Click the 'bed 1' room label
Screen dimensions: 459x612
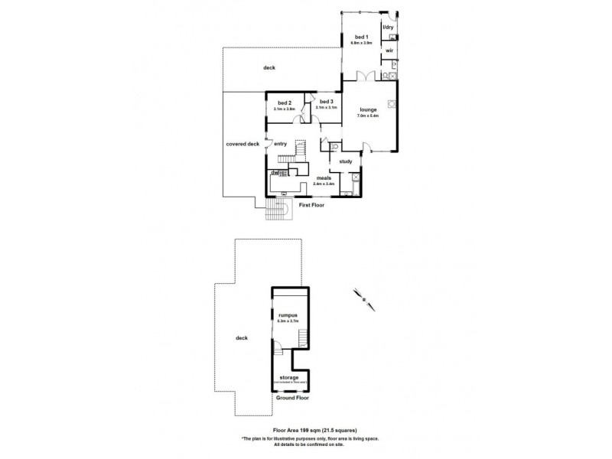pos(361,37)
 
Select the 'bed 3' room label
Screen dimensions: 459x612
pos(326,102)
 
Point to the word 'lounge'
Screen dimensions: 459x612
pos(369,109)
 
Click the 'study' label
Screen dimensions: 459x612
pos(345,161)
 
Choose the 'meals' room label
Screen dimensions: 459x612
pos(324,177)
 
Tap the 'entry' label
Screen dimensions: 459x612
pos(280,143)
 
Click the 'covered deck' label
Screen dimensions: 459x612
pos(243,143)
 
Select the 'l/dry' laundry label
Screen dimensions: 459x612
pos(388,28)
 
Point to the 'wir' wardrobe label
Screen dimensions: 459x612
pos(389,50)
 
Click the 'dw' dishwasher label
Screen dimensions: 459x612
pos(273,173)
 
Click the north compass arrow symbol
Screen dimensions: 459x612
pos(365,297)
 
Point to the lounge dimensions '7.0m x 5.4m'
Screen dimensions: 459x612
pos(369,116)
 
